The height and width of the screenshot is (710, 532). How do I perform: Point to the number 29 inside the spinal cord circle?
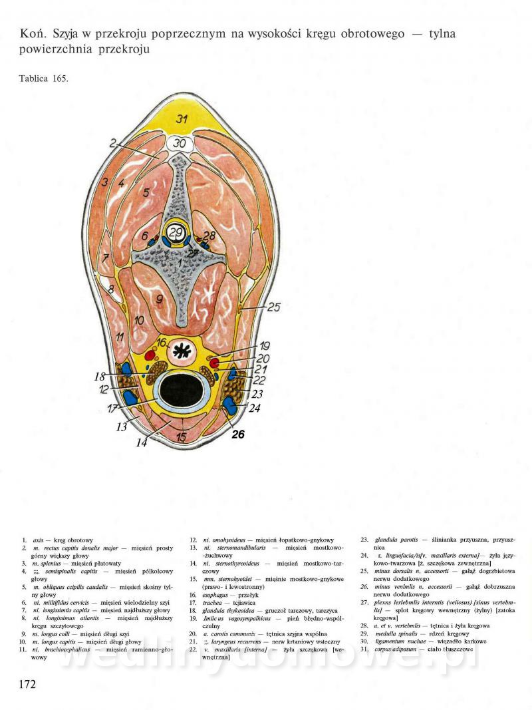[176, 232]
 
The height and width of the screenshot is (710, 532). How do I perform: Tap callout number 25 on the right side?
[274, 307]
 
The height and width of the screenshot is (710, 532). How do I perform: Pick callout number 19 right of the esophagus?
[264, 346]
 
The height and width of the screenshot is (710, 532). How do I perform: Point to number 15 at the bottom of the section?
[181, 437]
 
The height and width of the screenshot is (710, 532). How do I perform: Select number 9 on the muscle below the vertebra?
[159, 299]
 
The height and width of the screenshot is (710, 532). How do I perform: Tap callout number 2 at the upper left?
[114, 142]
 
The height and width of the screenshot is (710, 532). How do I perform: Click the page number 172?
[27, 683]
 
